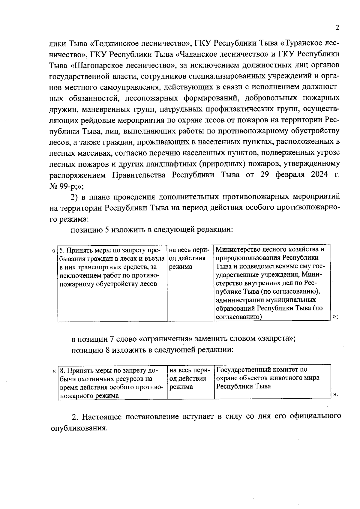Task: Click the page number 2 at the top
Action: tap(337, 28)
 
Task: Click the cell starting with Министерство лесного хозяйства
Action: tap(272, 283)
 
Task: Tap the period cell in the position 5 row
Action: tap(190, 283)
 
